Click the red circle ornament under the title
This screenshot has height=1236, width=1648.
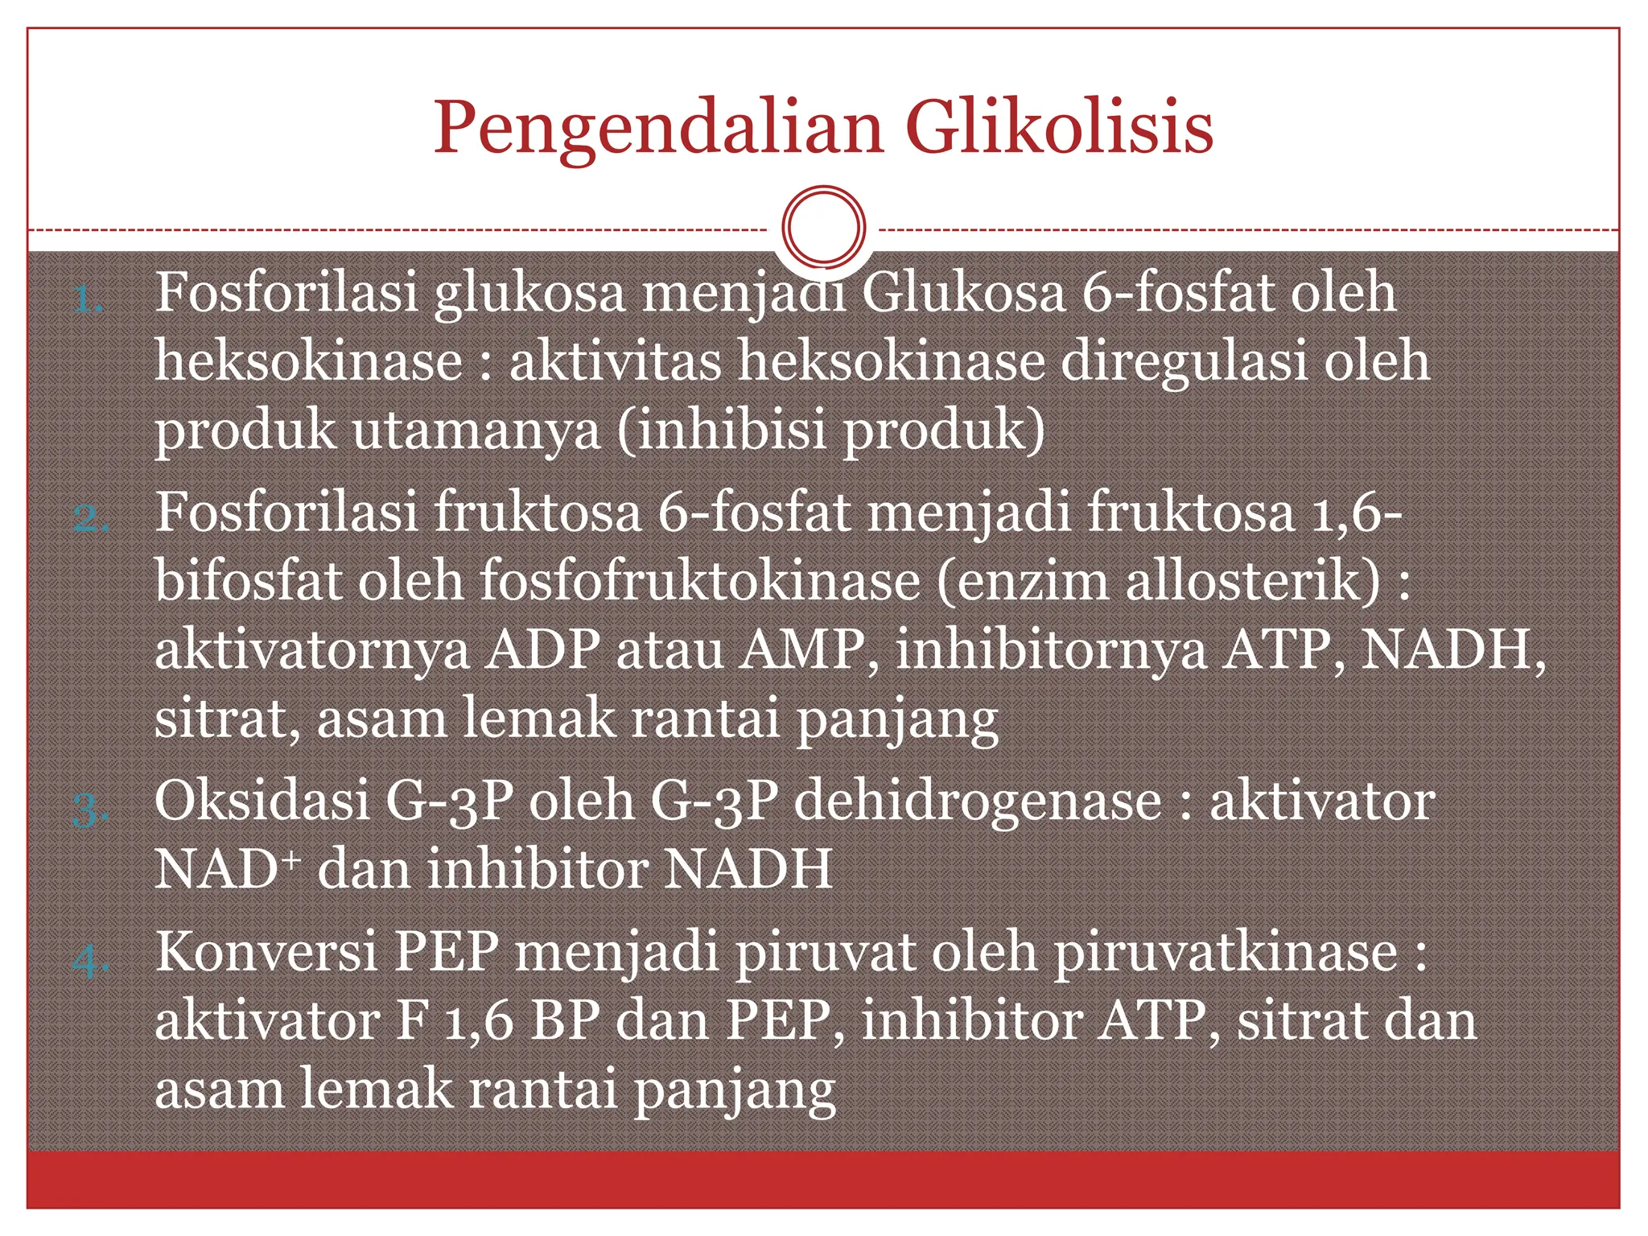[x=823, y=227]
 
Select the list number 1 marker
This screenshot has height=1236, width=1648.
[x=88, y=301]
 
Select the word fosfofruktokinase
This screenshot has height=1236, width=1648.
[x=700, y=579]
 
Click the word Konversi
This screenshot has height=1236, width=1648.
[x=266, y=951]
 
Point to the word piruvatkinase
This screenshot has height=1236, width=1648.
[x=1226, y=953]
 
